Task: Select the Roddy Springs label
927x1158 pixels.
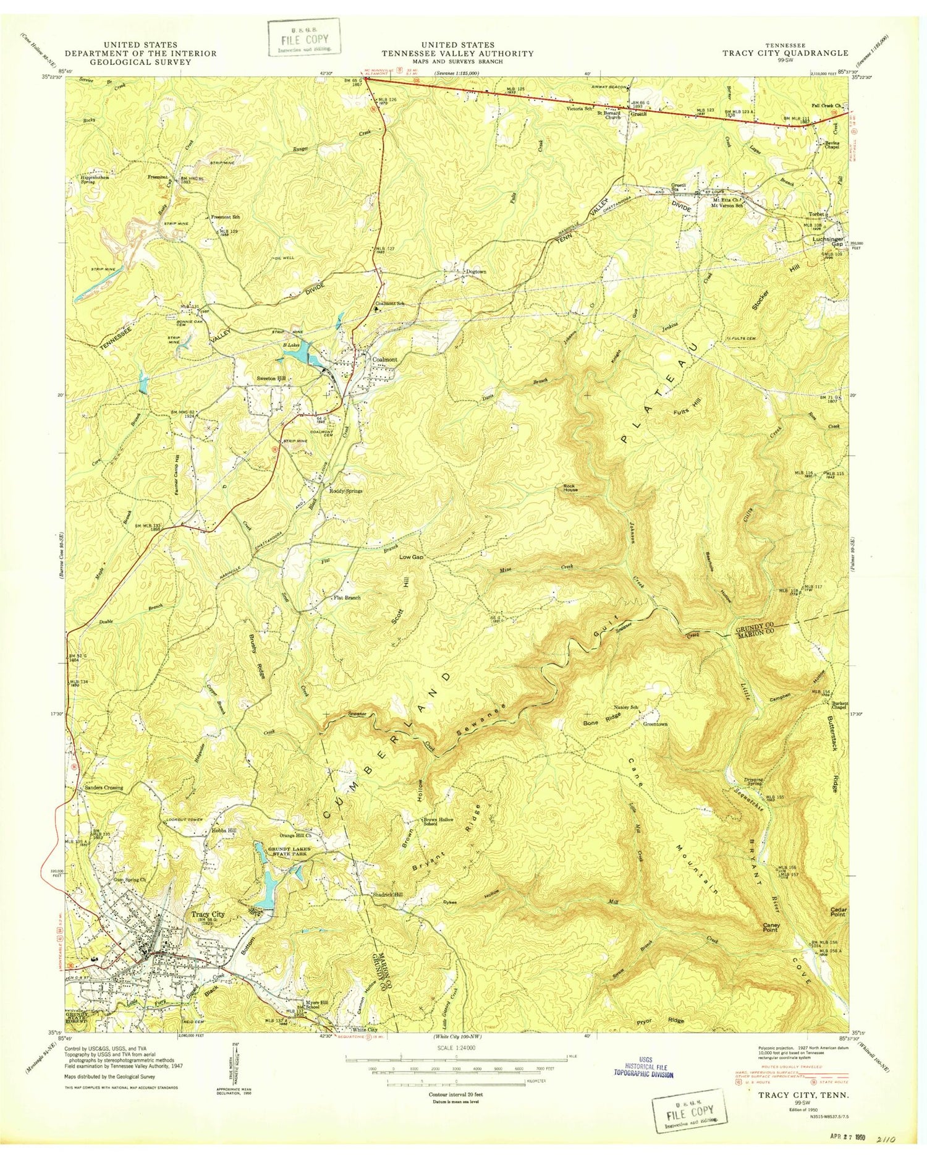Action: pyautogui.click(x=345, y=491)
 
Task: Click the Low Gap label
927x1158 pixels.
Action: pyautogui.click(x=411, y=557)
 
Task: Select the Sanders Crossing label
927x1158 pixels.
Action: pyautogui.click(x=102, y=788)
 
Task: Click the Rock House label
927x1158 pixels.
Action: pyautogui.click(x=569, y=488)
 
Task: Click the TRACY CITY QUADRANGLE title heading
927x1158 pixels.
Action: pyautogui.click(x=785, y=53)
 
